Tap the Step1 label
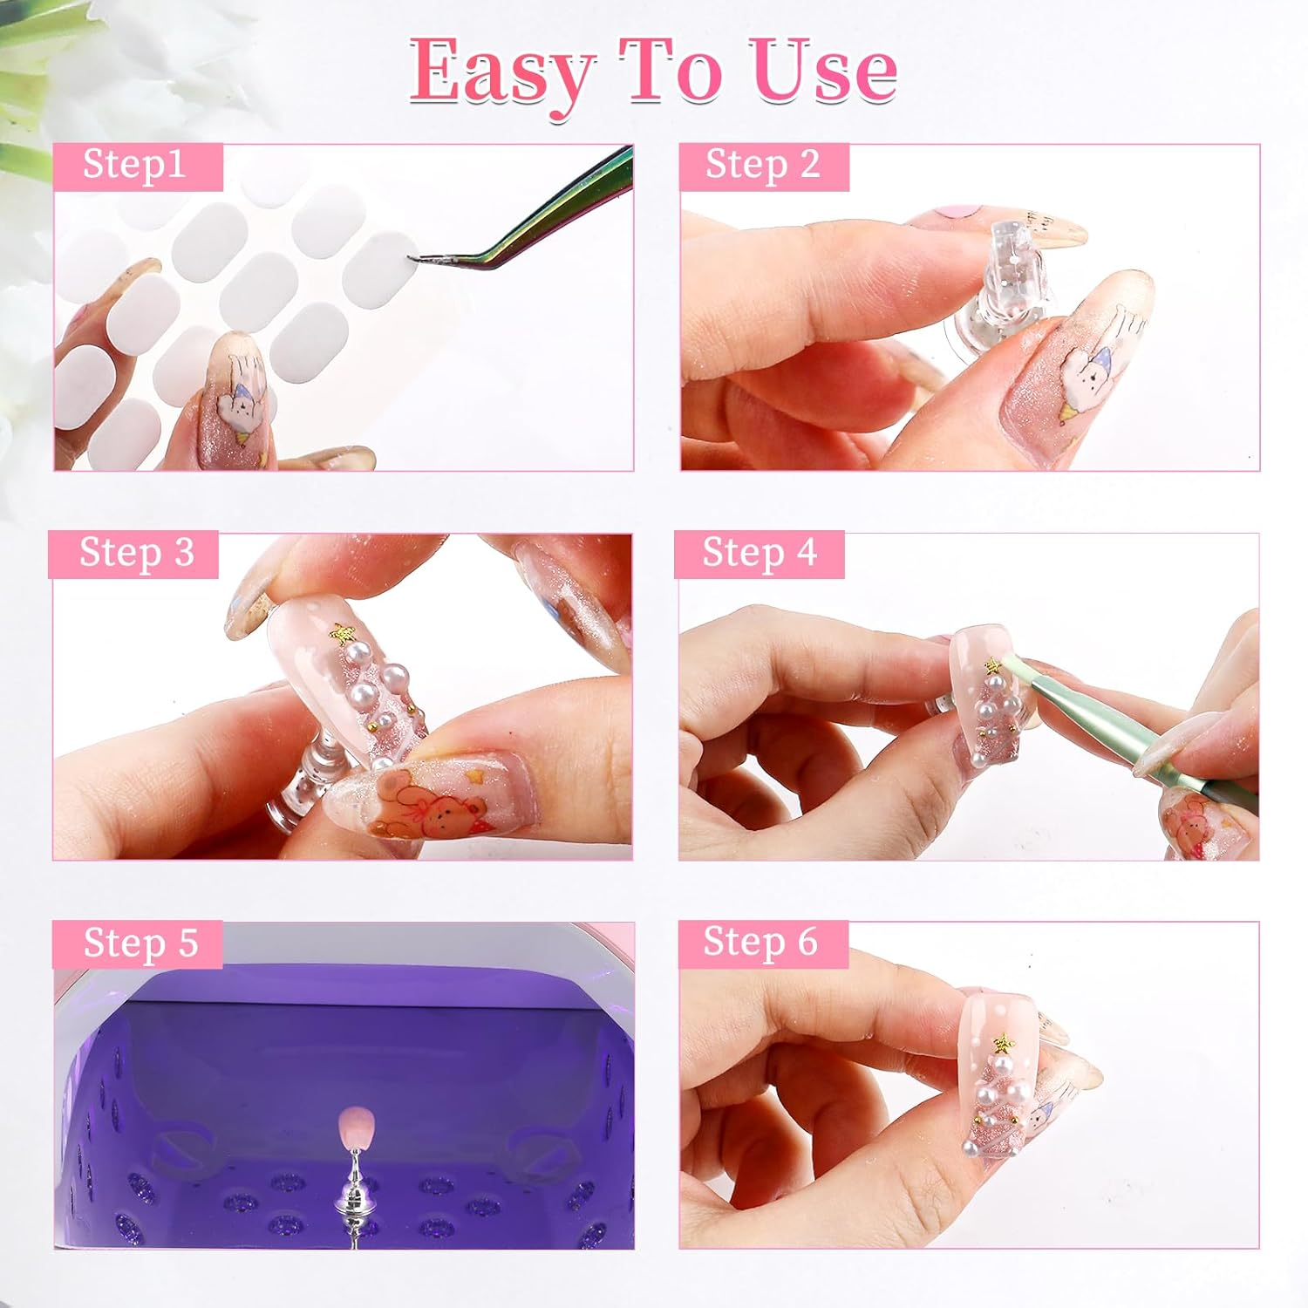(134, 164)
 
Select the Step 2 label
(763, 164)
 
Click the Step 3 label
(136, 553)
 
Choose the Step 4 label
(760, 553)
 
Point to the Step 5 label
(140, 943)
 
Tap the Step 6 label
(760, 942)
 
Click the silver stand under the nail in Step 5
(353, 1186)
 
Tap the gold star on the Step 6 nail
(1005, 1042)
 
